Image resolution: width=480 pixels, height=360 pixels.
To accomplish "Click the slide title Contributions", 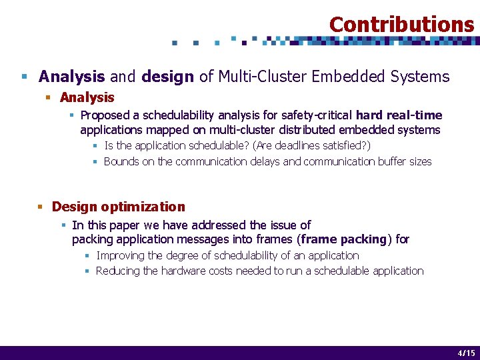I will pos(401,25).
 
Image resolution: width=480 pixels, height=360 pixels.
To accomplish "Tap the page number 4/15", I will pos(466,353).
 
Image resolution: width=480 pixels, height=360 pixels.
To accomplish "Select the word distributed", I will pos(311,130).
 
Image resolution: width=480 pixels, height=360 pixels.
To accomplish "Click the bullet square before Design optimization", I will pos(42,207).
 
